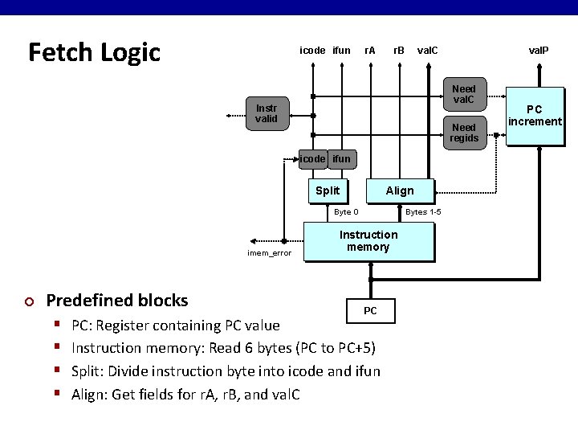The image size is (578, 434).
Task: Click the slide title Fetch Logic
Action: click(x=94, y=52)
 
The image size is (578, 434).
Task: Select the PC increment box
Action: click(x=534, y=116)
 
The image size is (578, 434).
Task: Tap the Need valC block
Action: click(x=463, y=95)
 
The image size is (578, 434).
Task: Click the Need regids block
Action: click(x=463, y=133)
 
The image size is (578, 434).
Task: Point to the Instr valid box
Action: click(x=266, y=113)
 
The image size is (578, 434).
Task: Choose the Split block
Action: click(x=328, y=190)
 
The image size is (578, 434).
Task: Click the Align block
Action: click(x=400, y=190)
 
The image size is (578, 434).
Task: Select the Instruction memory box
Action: click(x=368, y=241)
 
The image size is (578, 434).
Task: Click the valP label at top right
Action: click(x=538, y=51)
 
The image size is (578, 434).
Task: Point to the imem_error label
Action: click(x=269, y=253)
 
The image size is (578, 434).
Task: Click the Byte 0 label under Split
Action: click(x=346, y=212)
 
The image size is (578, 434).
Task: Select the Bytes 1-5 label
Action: click(x=423, y=212)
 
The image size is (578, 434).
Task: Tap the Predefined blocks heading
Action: click(x=117, y=301)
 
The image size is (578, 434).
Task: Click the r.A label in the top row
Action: click(x=370, y=51)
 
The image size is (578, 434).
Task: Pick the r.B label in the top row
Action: click(x=398, y=51)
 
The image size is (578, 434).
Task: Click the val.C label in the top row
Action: click(x=428, y=51)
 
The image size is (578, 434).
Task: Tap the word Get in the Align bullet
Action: click(x=123, y=394)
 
